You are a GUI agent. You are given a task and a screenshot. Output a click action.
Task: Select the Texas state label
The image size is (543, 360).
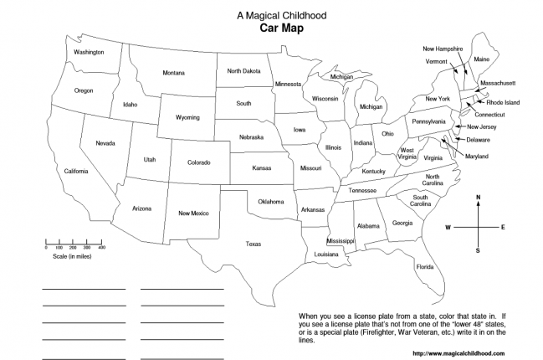pos(253,244)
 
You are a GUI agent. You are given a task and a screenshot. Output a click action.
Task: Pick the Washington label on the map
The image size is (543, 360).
pos(89,52)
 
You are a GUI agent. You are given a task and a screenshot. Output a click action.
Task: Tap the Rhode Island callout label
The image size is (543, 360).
pos(503,102)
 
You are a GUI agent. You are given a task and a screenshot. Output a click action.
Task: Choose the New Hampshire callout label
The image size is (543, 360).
pos(443,49)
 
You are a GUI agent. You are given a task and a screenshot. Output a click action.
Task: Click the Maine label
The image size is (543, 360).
pos(482,59)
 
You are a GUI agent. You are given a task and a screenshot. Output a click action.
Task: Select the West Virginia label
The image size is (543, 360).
pos(407,153)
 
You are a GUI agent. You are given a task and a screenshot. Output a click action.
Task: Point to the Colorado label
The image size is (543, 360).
pos(198,162)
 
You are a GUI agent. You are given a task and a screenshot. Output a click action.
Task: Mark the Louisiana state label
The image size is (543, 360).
pos(326,254)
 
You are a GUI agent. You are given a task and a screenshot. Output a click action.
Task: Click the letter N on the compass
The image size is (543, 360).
pos(478,198)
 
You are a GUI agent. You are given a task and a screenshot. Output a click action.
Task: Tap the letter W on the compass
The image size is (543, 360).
pos(448,227)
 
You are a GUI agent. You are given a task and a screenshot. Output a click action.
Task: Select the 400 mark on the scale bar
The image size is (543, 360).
pos(101,248)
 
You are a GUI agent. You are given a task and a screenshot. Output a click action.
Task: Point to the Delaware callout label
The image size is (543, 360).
pos(478,139)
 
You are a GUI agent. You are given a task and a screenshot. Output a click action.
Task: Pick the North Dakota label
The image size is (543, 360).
pos(243,71)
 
